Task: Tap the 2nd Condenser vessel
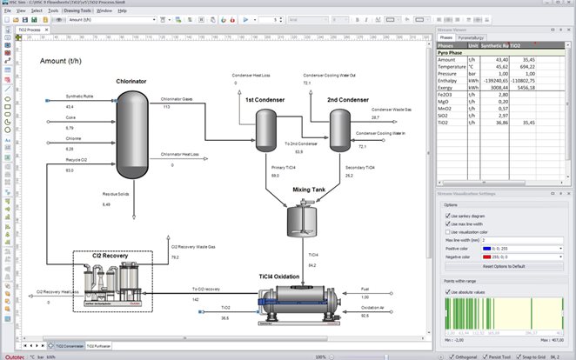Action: [x=339, y=127]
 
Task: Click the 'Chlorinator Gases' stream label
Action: [x=177, y=98]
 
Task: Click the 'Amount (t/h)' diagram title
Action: [x=69, y=61]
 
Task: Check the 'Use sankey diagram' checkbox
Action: [x=445, y=215]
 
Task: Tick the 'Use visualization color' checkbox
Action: [x=445, y=232]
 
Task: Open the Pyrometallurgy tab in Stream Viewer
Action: [x=474, y=38]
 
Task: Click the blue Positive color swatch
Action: [x=482, y=249]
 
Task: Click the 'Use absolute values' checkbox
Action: [x=445, y=291]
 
